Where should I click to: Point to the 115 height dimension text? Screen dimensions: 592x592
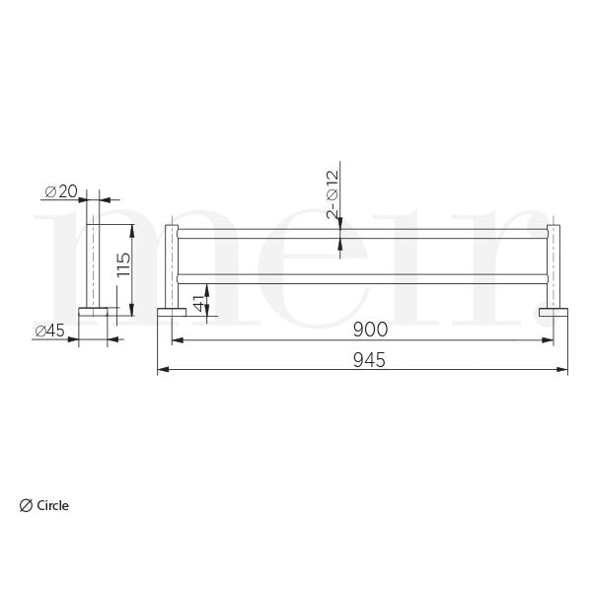122,265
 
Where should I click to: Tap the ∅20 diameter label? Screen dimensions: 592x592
61,190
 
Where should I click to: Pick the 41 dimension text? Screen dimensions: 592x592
200,302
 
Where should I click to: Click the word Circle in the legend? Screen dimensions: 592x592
53,505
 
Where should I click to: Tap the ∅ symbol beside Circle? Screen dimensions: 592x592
26,505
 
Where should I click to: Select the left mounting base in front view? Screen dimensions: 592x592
171,313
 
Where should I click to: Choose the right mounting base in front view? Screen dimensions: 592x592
555,313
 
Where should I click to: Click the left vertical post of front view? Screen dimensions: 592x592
172,266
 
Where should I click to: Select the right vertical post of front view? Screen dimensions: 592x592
555,266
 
